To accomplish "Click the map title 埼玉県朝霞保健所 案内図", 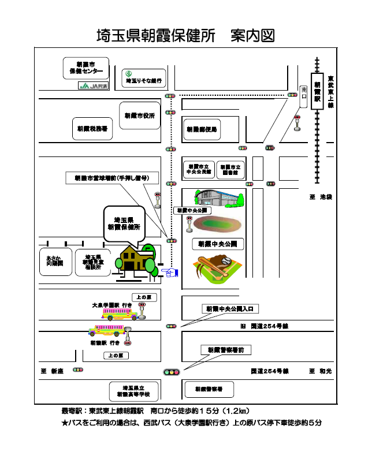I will [185, 36].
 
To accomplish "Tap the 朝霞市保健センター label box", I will [86, 68].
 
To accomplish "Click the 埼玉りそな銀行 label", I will [143, 77].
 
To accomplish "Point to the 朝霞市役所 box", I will [139, 115].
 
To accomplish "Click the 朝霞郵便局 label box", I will [201, 130].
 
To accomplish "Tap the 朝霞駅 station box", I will [317, 91].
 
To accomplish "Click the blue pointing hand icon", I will [169, 271].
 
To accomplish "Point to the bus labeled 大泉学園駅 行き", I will [121, 313].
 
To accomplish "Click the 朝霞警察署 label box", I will [209, 389].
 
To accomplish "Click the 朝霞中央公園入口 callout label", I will [229, 309].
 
